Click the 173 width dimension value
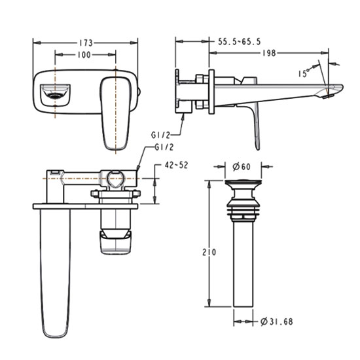pos(86,43)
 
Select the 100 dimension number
pos(84,55)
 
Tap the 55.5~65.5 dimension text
pos(239,42)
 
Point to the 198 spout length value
pos(269,53)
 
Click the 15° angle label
pos(304,73)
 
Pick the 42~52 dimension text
pos(176,165)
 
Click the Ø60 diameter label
pos(242,167)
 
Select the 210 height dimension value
pos(209,252)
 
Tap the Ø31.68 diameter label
pos(277,321)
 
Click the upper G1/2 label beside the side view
pos(160,135)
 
